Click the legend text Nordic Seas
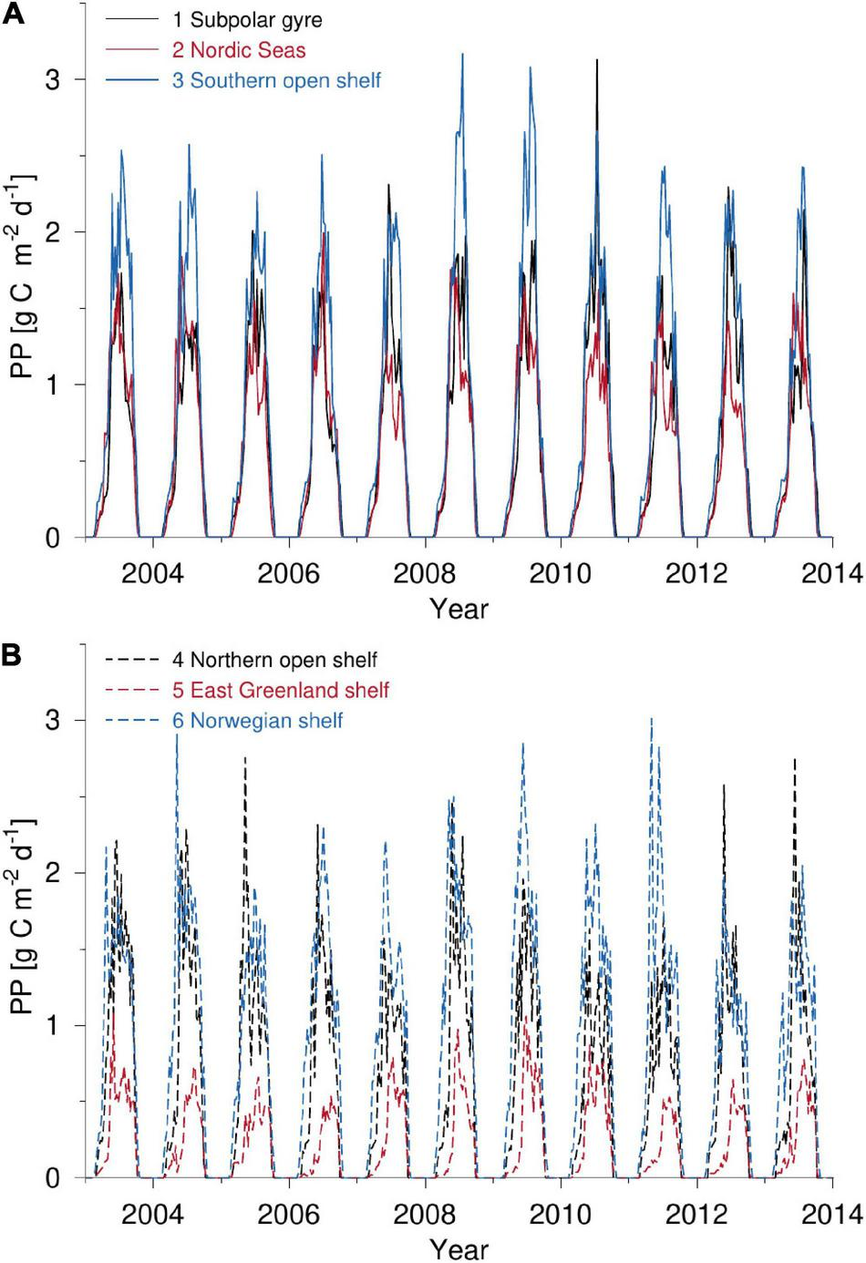point(239,50)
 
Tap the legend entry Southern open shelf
point(276,80)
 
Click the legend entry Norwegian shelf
point(257,721)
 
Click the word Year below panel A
point(459,609)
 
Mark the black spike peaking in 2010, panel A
point(597,62)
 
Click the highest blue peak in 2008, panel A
point(462,56)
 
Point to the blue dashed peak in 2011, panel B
point(652,720)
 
